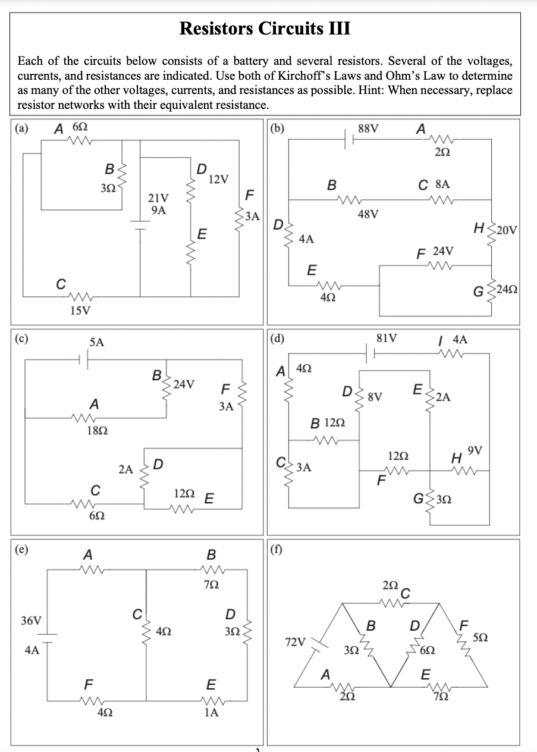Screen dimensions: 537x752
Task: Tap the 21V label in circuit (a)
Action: (159, 198)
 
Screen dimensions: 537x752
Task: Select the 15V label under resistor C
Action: (80, 310)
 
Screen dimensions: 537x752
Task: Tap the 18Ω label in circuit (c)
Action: (98, 430)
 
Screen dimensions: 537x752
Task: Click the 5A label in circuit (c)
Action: (96, 342)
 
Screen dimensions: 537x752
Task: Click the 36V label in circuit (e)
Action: (31, 621)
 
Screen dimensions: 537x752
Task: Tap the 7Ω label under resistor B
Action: (211, 586)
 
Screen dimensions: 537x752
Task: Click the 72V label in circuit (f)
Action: (296, 643)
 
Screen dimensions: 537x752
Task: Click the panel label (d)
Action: (277, 340)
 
